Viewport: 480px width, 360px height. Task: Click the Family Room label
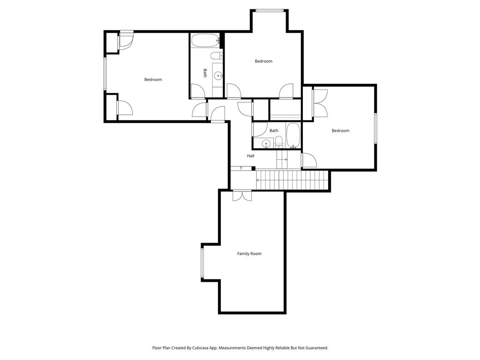pos(249,254)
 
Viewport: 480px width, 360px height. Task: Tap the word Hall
pos(251,156)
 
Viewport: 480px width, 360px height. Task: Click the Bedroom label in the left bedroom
pos(153,80)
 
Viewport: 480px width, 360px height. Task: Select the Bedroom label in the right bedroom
pos(340,131)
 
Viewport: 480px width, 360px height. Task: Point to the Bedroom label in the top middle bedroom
pos(263,61)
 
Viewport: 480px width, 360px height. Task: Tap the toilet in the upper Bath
pos(216,56)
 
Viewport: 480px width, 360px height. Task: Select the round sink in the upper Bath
pos(218,75)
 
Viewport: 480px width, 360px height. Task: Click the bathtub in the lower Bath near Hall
pos(293,135)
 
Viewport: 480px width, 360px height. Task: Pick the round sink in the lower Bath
pos(267,144)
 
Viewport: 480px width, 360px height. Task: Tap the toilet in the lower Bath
pos(279,142)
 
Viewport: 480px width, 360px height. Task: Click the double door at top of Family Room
pos(242,195)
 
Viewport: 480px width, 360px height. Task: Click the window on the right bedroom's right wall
pos(375,128)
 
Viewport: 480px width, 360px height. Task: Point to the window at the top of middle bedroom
pos(270,10)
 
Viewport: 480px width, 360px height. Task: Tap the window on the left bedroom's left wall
pos(105,73)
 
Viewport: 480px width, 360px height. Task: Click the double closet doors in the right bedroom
pos(320,103)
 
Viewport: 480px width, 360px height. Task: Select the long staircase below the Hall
pos(291,180)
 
